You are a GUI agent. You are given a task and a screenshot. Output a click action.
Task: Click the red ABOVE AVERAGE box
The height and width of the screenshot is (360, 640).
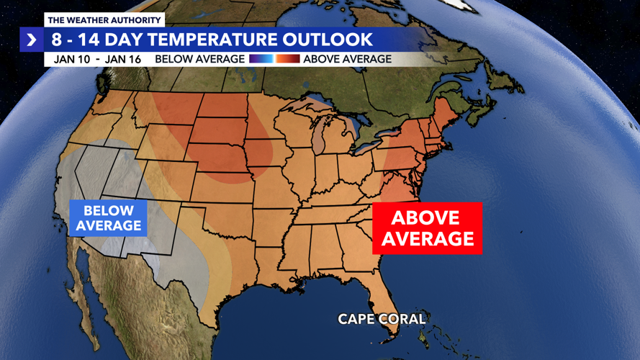427,228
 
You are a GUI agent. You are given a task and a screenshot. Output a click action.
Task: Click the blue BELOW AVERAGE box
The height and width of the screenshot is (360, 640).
108,218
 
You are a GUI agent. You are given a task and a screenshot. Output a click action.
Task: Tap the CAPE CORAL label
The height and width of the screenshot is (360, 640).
382,318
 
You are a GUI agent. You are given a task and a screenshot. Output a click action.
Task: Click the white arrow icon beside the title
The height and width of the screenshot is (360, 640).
32,40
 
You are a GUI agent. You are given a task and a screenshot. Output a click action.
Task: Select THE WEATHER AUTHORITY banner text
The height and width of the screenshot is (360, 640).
104,20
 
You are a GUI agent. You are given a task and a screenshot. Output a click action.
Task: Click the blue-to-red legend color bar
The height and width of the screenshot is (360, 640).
274,59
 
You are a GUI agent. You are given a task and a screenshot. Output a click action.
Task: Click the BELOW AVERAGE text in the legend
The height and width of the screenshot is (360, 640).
199,59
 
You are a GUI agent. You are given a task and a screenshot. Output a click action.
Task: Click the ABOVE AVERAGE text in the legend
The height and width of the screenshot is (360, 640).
347,59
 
